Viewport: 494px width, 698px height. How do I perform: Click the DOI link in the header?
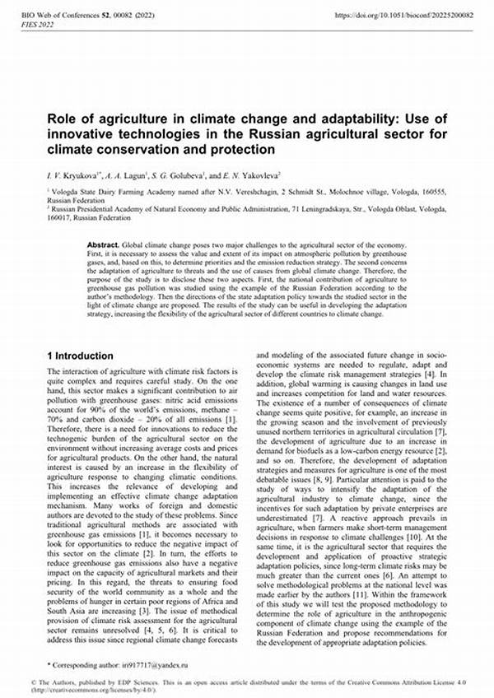[404, 16]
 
